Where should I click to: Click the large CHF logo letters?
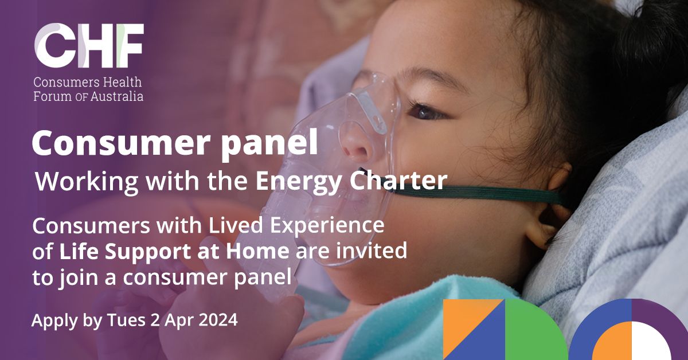[x=89, y=46]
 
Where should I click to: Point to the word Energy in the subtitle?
[x=286, y=182]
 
